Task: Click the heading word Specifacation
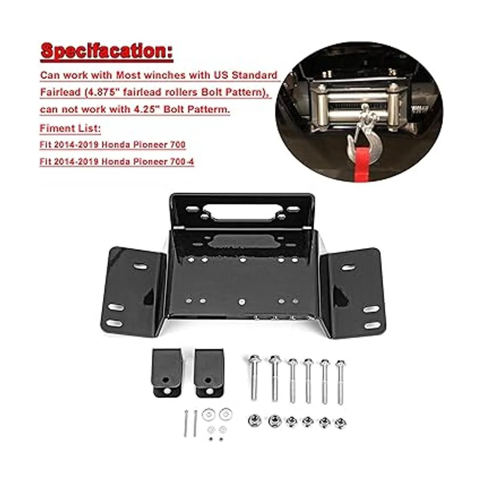106,52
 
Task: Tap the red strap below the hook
362,161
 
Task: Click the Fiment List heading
70,129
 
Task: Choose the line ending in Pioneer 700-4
116,162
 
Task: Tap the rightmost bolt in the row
340,382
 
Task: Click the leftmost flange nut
253,420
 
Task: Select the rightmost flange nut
340,423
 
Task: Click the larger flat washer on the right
225,413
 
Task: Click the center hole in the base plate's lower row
241,301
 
